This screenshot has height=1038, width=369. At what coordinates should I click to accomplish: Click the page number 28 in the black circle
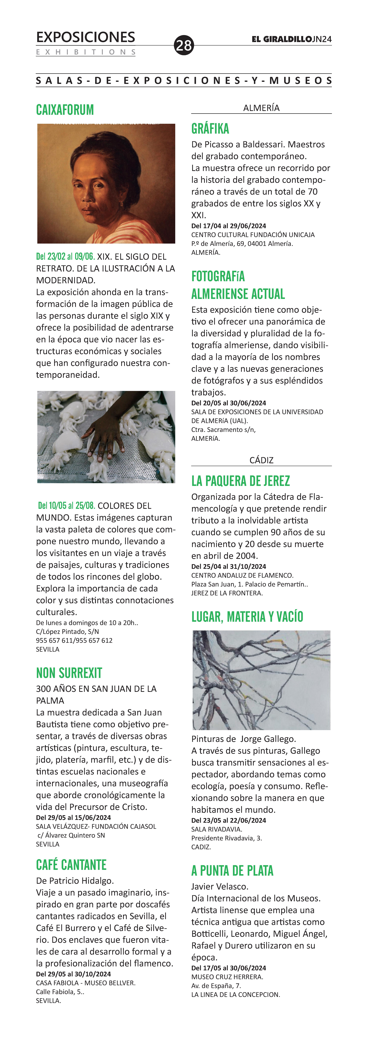[184, 45]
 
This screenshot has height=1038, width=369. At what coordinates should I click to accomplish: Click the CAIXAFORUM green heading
[65, 110]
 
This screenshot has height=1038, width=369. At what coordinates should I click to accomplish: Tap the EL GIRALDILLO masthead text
[281, 39]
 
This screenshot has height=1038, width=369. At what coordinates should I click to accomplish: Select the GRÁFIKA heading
[210, 129]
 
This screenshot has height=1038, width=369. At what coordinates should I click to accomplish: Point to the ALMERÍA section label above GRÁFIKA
[261, 108]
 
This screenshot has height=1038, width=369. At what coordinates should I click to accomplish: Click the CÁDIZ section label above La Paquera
[261, 460]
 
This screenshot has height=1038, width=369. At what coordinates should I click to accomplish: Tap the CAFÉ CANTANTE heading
[71, 865]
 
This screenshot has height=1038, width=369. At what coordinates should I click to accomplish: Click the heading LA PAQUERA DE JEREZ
[241, 481]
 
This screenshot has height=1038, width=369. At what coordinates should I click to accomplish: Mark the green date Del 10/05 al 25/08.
[67, 506]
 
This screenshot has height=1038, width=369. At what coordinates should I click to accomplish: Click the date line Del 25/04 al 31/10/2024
[229, 567]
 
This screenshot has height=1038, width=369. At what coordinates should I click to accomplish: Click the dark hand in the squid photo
[105, 435]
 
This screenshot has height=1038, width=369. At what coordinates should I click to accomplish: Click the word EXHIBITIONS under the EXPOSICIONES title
[86, 52]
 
